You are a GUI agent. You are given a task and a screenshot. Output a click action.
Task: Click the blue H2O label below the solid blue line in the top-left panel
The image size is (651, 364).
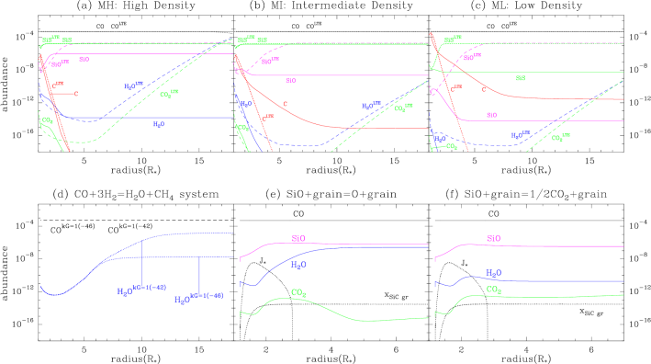point(159,124)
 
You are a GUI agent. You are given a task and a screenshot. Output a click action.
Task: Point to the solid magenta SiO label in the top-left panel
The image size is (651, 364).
point(84,59)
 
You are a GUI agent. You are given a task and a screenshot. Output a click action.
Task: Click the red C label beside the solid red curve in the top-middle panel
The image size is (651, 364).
point(285,104)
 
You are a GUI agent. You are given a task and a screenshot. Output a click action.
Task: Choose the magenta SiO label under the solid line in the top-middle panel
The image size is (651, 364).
point(291,80)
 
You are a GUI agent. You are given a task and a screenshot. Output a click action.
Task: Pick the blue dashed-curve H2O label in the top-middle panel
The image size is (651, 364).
point(371,106)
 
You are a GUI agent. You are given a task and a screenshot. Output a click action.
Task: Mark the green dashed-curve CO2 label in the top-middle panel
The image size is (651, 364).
point(403,108)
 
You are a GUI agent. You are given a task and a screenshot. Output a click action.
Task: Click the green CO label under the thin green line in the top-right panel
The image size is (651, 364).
point(521,79)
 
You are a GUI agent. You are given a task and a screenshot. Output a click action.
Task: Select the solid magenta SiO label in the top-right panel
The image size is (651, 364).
point(492,115)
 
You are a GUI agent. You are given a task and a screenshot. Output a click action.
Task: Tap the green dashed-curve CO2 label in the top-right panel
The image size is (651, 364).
point(557,138)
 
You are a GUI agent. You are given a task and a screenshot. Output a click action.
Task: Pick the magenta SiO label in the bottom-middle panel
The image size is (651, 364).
point(298,238)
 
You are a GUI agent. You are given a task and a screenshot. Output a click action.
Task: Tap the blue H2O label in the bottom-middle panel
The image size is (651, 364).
point(298,265)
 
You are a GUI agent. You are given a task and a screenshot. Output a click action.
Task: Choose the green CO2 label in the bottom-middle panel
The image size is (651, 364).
point(298,293)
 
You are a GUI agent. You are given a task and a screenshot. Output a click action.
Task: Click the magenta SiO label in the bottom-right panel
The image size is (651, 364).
point(493,239)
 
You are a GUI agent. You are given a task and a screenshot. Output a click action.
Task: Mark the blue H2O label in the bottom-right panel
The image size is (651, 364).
point(493,273)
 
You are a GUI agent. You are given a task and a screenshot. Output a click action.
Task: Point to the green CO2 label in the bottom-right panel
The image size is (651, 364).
point(493,290)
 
